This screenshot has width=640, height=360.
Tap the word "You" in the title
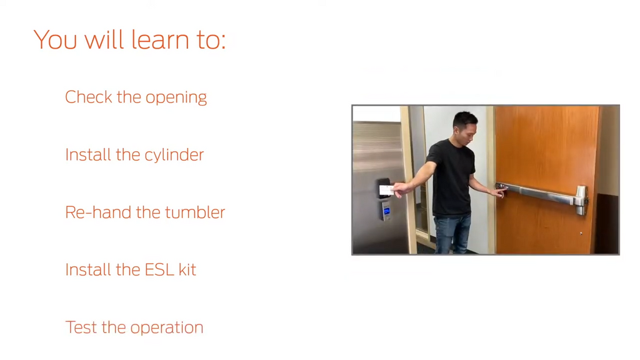[56, 39]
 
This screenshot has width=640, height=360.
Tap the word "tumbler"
[195, 212]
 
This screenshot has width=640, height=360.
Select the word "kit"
[187, 270]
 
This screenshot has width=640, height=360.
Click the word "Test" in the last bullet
[81, 327]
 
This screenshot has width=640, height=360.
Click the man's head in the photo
[465, 124]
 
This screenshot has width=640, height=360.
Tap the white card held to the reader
[386, 190]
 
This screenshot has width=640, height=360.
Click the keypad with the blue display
[386, 211]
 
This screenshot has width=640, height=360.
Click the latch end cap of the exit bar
[581, 199]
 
